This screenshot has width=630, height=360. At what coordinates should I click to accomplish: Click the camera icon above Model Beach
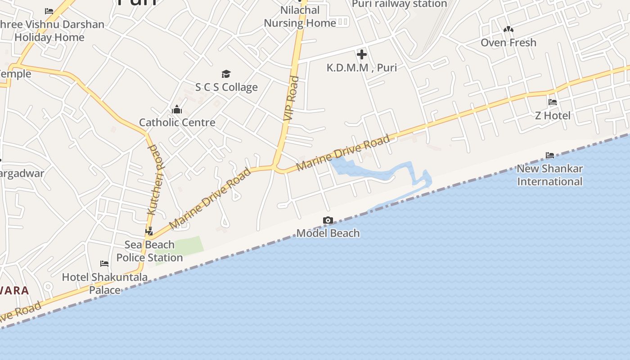(x=328, y=220)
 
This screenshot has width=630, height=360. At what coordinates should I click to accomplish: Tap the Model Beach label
(x=328, y=233)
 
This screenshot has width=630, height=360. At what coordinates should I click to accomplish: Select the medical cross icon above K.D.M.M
(x=361, y=55)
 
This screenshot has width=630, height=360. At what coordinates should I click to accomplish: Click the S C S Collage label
(x=226, y=87)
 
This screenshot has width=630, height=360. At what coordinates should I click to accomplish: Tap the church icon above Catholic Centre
(x=177, y=109)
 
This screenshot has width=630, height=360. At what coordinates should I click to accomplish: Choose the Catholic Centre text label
(x=177, y=122)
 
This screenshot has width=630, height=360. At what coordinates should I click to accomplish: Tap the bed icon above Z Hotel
(x=553, y=102)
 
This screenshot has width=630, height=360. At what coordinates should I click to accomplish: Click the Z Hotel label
(x=553, y=116)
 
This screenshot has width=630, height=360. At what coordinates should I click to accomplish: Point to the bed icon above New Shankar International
(x=549, y=155)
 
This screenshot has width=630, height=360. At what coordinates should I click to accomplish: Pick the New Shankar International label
(x=549, y=175)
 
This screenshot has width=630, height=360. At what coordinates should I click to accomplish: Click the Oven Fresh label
(x=508, y=43)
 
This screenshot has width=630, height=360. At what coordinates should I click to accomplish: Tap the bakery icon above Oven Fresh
(x=508, y=29)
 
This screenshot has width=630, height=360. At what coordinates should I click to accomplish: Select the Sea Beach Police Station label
(x=149, y=251)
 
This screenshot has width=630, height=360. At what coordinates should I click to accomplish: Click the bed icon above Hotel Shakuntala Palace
(x=104, y=264)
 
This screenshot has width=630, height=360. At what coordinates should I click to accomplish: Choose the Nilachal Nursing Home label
(x=300, y=17)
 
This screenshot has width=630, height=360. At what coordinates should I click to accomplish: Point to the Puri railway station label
(x=399, y=4)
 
